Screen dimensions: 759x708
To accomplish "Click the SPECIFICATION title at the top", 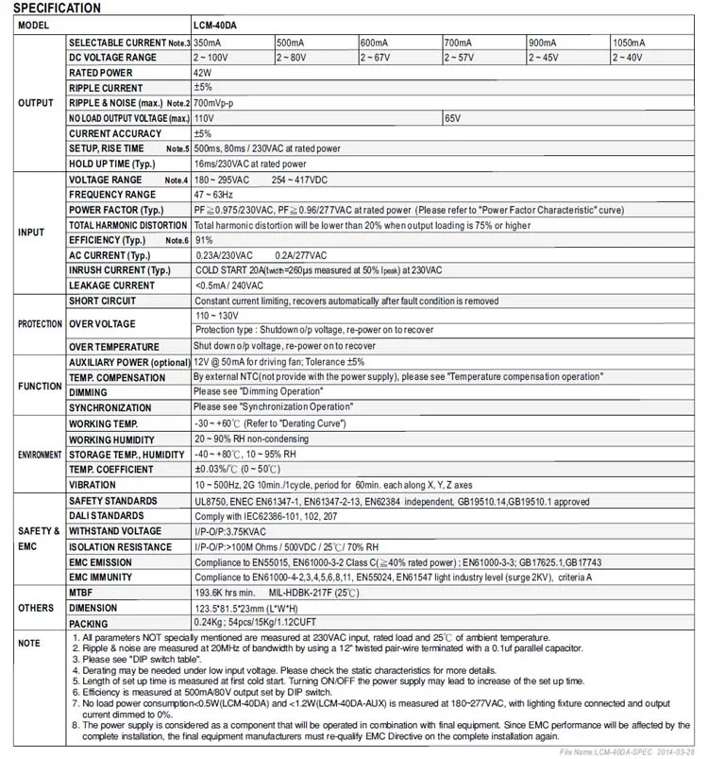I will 57,9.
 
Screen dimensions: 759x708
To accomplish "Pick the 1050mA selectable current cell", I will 630,43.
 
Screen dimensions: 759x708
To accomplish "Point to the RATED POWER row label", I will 101,73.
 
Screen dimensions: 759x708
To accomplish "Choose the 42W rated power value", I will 202,73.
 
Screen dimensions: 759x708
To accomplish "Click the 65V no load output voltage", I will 453,118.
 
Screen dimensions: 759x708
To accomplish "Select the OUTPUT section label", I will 36,103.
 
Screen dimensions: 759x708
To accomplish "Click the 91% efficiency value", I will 203,240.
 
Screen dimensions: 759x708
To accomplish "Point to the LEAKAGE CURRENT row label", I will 112,285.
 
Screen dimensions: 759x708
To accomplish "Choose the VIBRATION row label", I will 93,485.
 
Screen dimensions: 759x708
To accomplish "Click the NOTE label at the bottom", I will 29,644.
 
